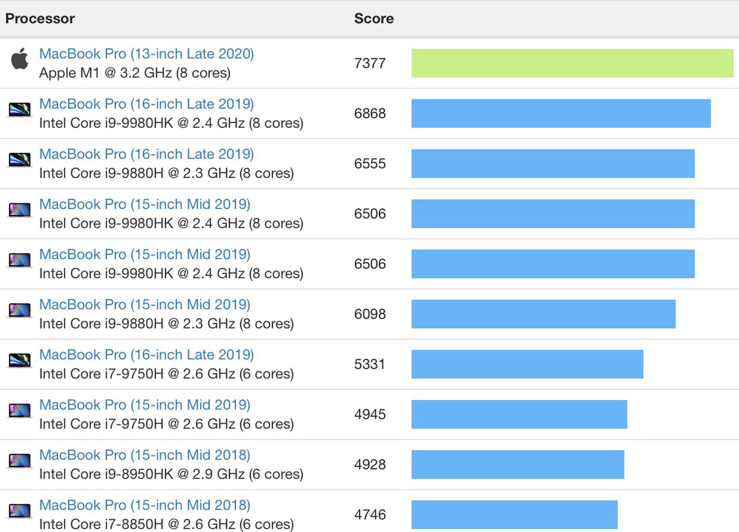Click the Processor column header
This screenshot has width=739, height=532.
coord(40,18)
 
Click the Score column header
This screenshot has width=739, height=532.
coord(374,18)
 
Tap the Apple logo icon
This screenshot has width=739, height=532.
coord(20,59)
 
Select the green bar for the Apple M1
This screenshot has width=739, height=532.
coord(572,63)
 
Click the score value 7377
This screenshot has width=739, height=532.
coord(369,63)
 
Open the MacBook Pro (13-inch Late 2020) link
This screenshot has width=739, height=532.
coord(146,54)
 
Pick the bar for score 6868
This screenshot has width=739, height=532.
coord(561,114)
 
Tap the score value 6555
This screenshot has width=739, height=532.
coord(369,163)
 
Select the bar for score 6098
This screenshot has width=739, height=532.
coord(543,314)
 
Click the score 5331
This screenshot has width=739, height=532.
coord(369,364)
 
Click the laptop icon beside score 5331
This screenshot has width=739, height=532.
coord(20,360)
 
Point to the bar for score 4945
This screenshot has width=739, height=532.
coord(519,414)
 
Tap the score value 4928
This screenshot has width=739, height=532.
coord(369,465)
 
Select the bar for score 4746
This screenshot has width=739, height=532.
coord(514,514)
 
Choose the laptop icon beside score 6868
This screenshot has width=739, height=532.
coord(20,109)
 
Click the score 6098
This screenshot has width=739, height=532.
coord(369,314)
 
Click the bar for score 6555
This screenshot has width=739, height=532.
coord(553,163)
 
